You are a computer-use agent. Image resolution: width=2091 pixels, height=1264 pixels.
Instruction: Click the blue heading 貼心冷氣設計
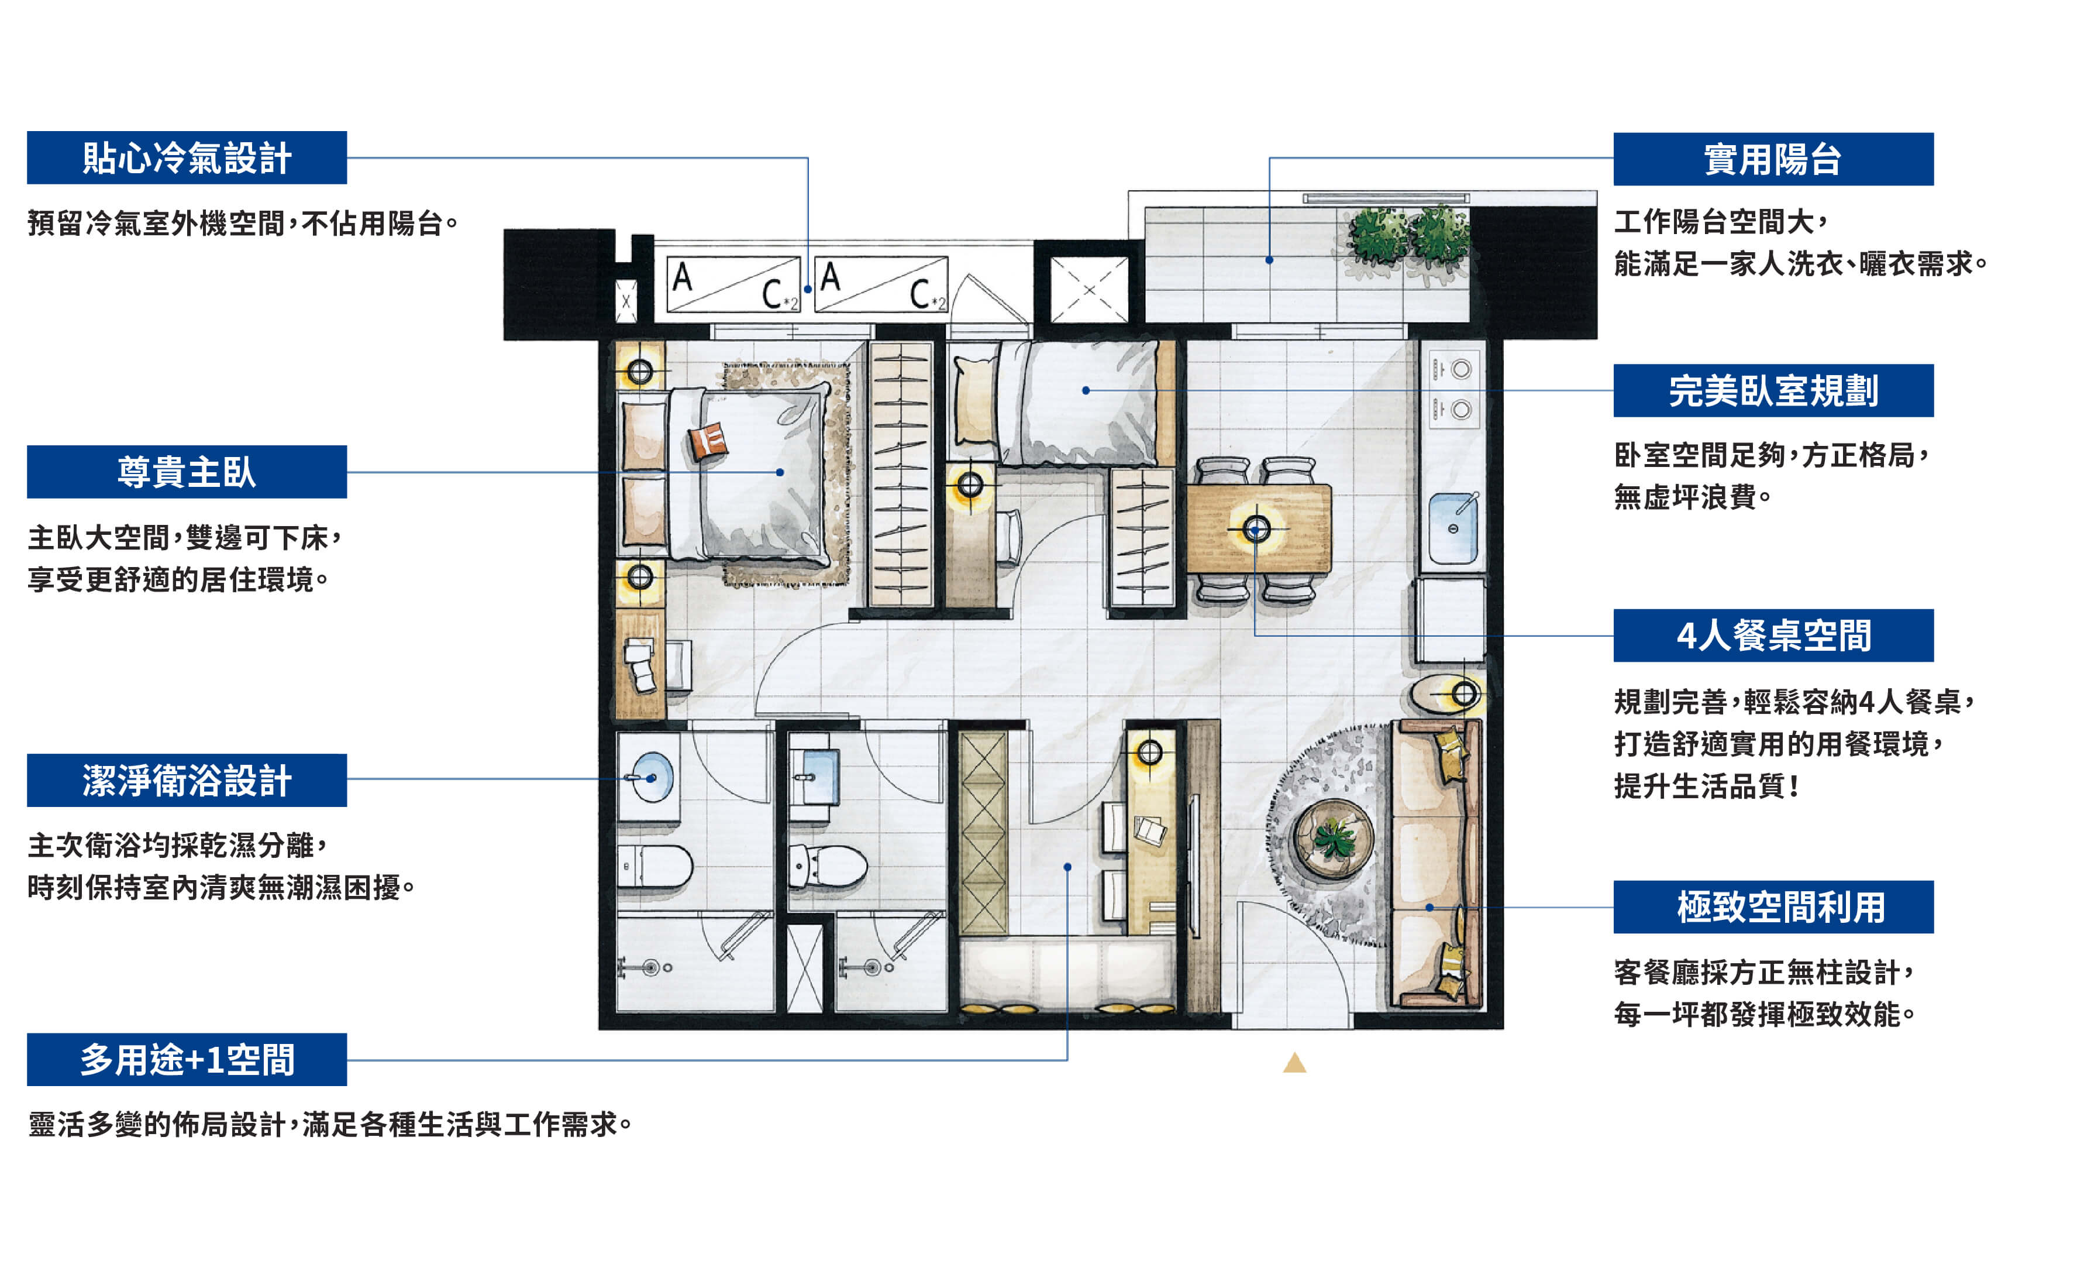coord(187,158)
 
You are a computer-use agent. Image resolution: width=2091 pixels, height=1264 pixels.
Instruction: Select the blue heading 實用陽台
coord(1773,159)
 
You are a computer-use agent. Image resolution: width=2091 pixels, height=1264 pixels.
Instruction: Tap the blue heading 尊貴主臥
coord(187,472)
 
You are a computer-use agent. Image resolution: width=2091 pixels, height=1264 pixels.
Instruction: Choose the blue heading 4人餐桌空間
coord(1773,635)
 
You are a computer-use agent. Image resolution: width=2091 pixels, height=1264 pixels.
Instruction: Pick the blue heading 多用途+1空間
coord(187,1059)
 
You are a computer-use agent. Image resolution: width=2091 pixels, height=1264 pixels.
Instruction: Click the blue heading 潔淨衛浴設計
coord(187,780)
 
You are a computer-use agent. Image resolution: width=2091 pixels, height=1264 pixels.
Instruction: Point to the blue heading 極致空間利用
coord(1773,906)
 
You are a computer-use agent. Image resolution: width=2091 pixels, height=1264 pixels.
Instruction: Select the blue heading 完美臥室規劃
coord(1773,390)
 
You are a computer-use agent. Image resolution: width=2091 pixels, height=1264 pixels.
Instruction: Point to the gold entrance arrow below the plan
coord(1294,1062)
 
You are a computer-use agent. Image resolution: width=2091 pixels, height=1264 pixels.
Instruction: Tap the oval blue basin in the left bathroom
coord(652,777)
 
